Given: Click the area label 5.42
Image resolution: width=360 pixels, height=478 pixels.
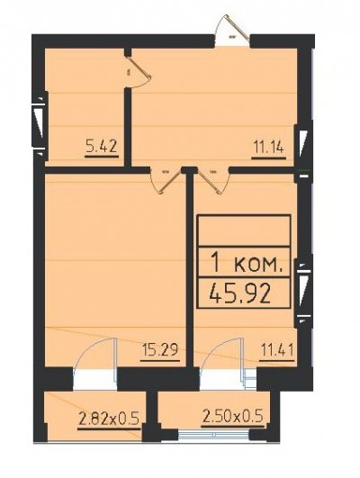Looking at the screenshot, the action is pos(102,147).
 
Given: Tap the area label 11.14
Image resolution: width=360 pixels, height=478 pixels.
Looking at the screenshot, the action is pos(268,148).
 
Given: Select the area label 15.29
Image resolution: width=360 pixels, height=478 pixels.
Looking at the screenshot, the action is pos(160,349).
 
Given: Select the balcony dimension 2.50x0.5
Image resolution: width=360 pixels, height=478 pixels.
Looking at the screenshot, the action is pos(233,416).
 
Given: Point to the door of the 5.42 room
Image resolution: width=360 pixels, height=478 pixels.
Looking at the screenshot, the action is pos(139,73).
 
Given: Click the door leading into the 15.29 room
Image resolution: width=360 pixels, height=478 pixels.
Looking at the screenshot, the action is pos(165,180).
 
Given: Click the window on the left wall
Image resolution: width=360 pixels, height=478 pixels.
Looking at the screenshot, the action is pos(40,123).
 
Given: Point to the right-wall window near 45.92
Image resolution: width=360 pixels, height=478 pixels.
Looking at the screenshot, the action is pos(303,292).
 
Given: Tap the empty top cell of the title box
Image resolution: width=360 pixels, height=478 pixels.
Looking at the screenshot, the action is pos(244,230).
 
